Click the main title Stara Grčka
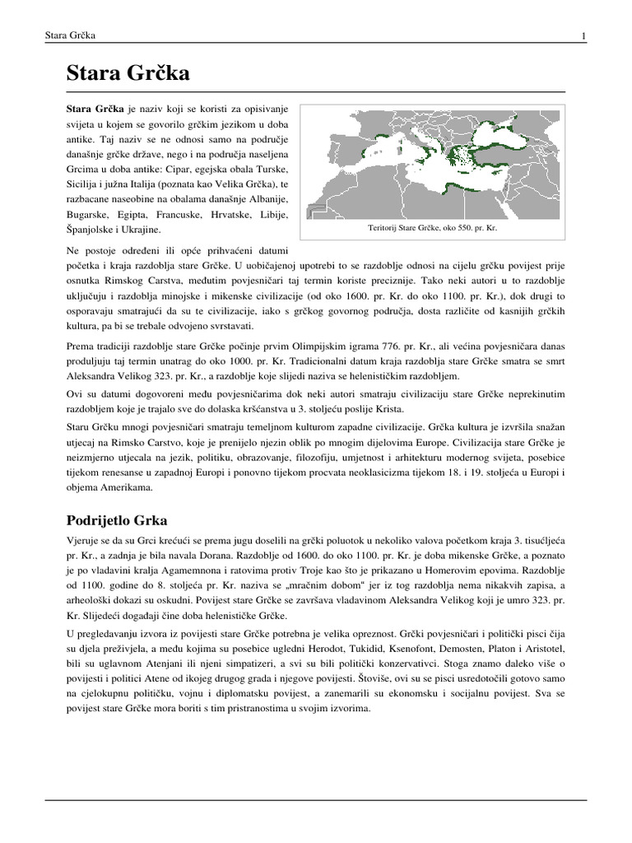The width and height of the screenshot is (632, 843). point(128,74)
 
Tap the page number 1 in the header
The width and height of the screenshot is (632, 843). point(583,36)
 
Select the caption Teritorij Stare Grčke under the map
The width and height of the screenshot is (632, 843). point(433,226)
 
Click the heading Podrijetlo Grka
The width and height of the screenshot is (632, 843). point(116,520)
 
